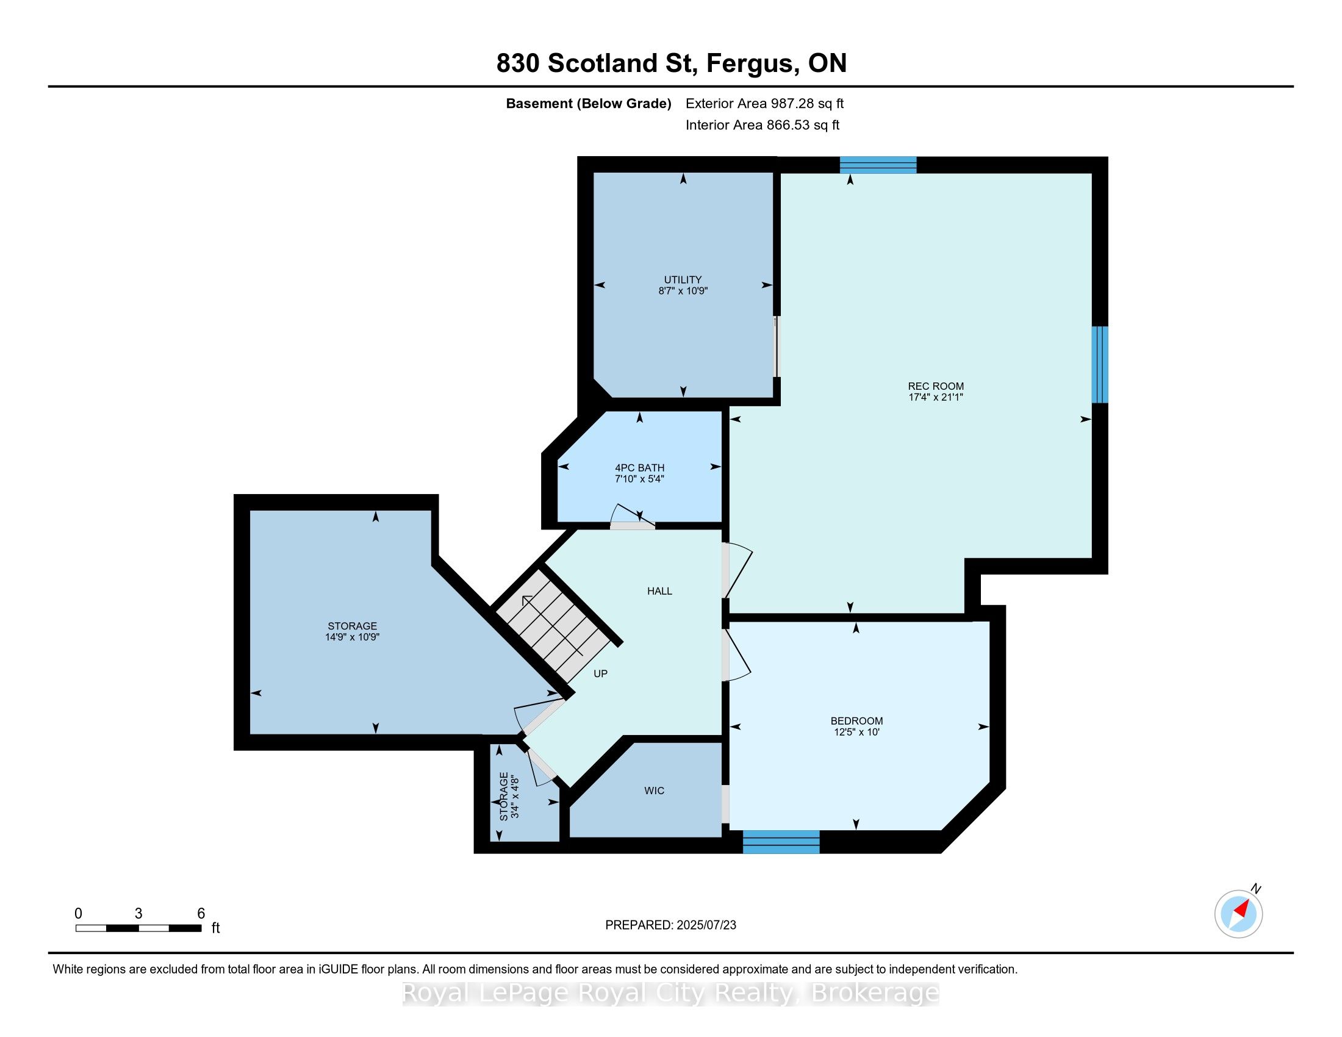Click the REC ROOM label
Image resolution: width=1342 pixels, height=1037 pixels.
pos(935,386)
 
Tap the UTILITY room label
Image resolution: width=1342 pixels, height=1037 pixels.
pos(683,280)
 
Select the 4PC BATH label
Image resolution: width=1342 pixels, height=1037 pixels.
pos(640,468)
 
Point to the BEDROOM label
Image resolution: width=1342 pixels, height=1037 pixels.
pos(856,721)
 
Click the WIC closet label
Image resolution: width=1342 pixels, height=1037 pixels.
pos(655,791)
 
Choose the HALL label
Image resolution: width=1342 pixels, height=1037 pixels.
pos(659,591)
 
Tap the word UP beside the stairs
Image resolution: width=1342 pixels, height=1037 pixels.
pos(600,674)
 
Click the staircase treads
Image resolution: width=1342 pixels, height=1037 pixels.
pos(555,625)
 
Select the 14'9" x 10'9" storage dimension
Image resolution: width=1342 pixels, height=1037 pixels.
pos(352,637)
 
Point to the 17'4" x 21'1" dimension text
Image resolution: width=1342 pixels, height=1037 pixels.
pos(935,398)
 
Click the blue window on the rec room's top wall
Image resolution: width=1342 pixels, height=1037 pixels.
pos(878,165)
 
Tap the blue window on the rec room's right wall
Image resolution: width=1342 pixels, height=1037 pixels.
pos(1100,364)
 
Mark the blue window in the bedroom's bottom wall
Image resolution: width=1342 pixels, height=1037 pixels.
pos(781,842)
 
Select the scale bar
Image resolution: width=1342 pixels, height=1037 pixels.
pos(139,928)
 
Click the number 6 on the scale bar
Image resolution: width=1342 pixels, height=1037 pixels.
pos(201,914)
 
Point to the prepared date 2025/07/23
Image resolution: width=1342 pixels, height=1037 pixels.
pos(706,925)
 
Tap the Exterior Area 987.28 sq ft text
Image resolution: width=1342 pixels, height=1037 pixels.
pos(764,104)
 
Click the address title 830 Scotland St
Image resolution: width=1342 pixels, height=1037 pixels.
pos(597,63)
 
